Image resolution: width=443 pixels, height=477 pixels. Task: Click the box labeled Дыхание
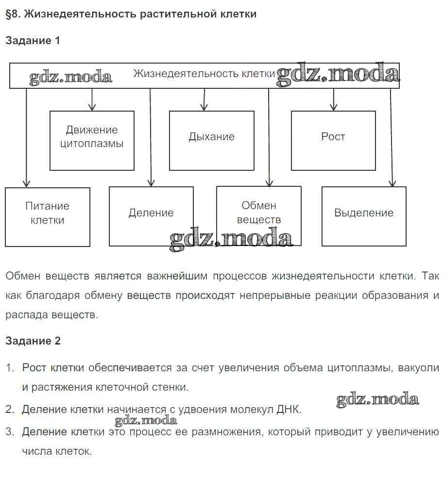point(211,140)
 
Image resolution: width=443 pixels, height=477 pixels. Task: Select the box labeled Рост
point(333,140)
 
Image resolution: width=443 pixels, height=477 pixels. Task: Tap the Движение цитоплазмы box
point(92,140)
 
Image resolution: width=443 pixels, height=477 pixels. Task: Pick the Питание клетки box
point(47,217)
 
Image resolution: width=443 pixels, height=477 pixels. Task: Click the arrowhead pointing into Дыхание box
point(204,107)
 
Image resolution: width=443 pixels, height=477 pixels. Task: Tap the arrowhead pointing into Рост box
point(333,107)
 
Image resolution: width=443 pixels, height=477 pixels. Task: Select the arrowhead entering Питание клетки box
point(26,184)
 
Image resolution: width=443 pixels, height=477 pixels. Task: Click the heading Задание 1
point(33,41)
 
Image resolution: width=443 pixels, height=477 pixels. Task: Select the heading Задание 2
point(33,341)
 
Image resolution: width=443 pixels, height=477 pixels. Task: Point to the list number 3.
point(10,431)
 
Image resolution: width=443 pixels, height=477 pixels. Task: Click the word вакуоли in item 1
point(418,367)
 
